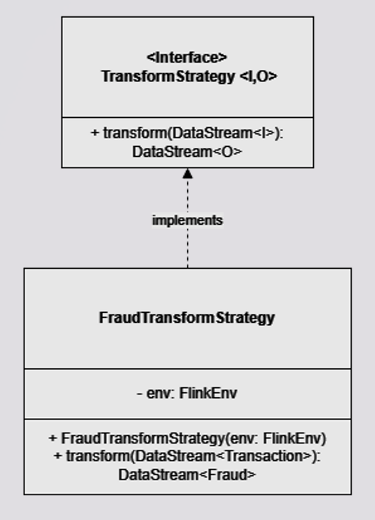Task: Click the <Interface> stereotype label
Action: (x=187, y=57)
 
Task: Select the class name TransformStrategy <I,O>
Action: (x=188, y=75)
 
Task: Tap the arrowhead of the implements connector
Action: (x=187, y=173)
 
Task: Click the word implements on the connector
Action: (x=187, y=221)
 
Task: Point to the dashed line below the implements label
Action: (x=187, y=248)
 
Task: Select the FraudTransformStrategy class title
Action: (x=187, y=318)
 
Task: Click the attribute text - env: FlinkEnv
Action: (x=187, y=393)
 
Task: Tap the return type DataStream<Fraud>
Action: (x=187, y=475)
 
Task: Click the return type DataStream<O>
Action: (x=187, y=151)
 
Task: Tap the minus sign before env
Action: (x=139, y=393)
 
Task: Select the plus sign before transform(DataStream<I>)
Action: (x=94, y=133)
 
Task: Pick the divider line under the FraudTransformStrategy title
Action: (x=187, y=369)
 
